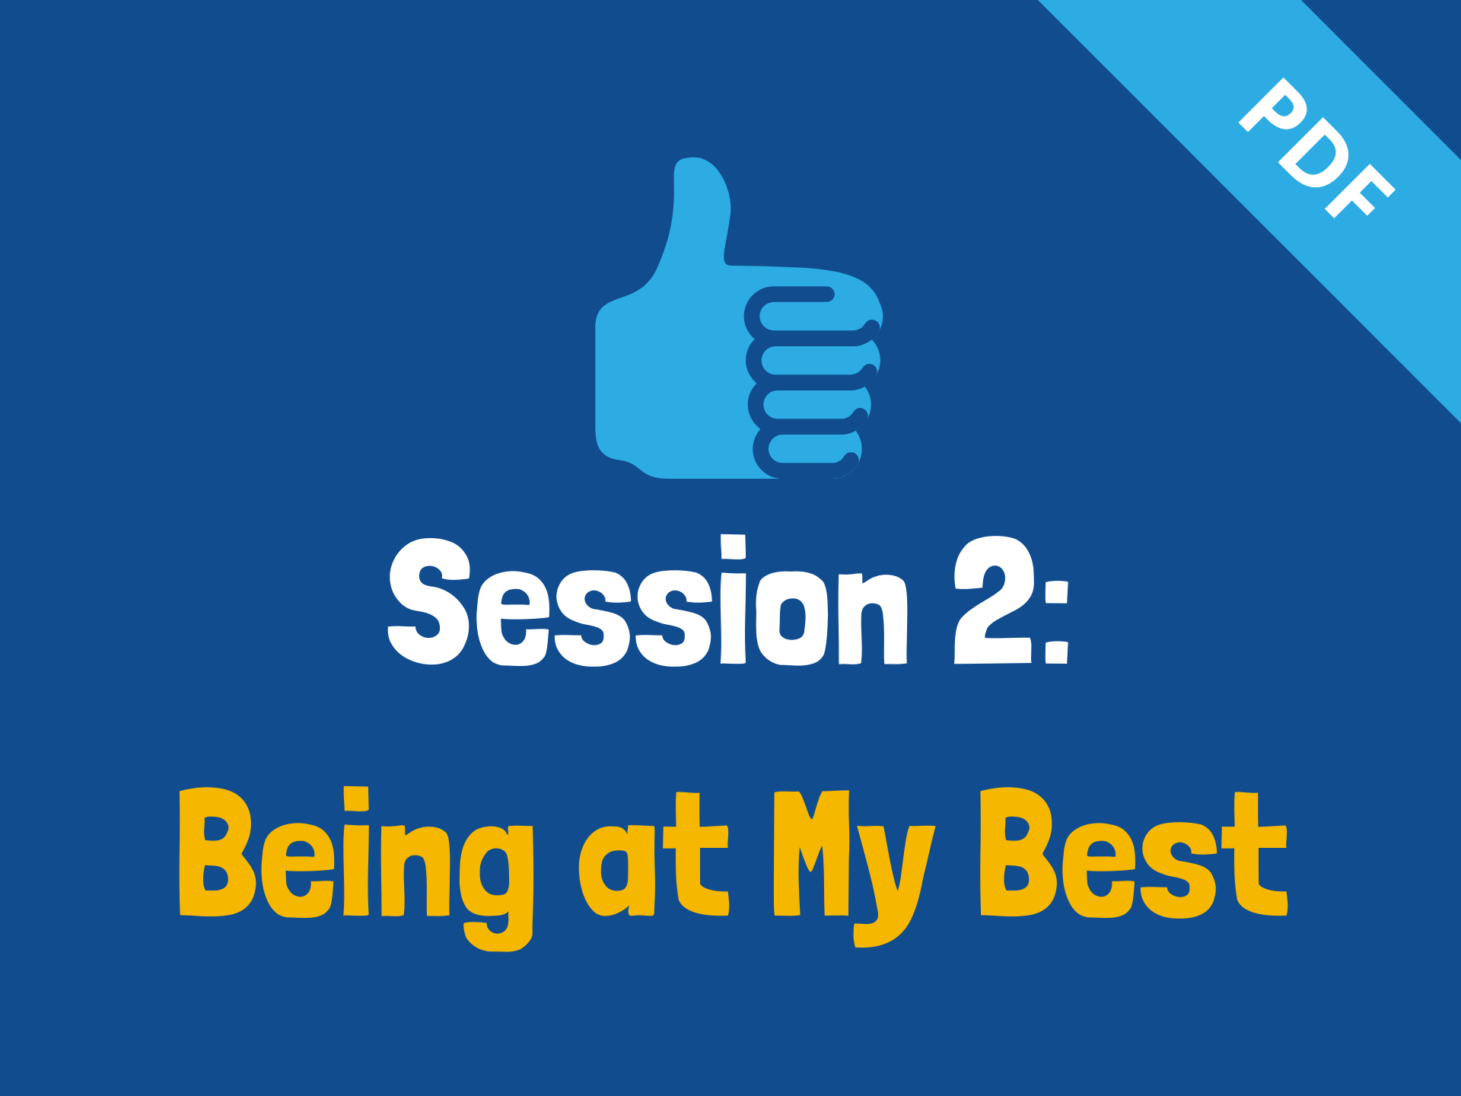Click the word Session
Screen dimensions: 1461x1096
[x=648, y=601]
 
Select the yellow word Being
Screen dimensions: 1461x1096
[x=355, y=868]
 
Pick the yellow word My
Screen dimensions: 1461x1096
[x=854, y=868]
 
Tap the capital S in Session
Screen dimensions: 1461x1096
[x=429, y=601]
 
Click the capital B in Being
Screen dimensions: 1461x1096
[x=217, y=852]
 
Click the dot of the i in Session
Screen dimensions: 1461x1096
[x=734, y=546]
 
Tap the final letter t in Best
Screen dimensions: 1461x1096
[x=1256, y=854]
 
